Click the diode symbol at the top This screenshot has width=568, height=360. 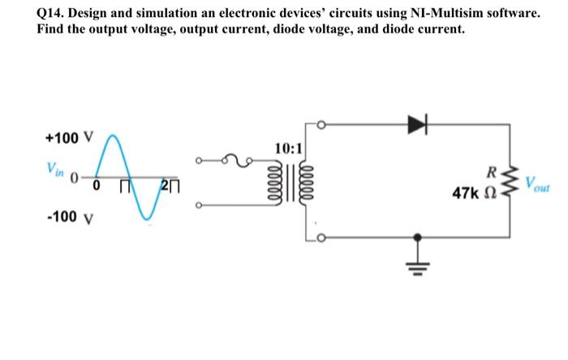pos(417,124)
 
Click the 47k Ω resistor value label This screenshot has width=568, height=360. pos(475,195)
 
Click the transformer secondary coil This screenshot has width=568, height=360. pos(303,188)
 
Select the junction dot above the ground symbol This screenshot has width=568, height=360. pos(418,237)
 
